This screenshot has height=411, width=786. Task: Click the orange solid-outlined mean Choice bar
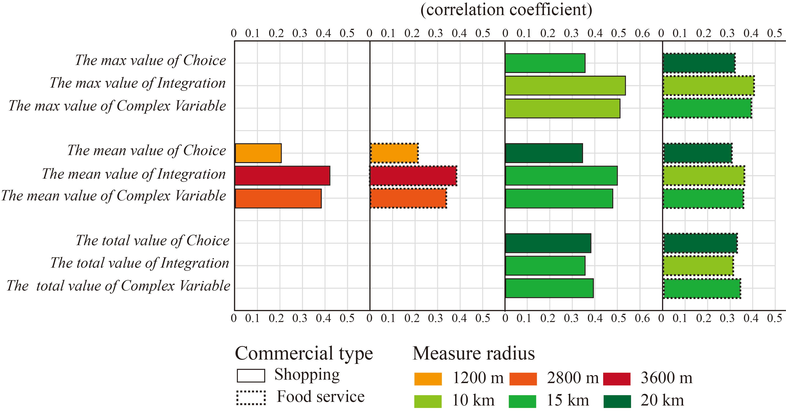258,153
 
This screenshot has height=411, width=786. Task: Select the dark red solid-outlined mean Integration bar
282,176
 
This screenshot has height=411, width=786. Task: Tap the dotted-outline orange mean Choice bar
394,153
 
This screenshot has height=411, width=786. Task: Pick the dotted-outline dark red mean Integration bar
413,176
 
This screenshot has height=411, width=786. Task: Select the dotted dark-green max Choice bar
699,63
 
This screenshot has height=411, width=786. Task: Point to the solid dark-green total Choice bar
548,243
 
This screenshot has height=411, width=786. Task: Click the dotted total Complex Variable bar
702,288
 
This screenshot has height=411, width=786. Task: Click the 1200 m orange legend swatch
428,379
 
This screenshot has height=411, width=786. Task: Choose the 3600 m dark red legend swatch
617,379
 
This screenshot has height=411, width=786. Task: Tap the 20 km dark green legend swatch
617,401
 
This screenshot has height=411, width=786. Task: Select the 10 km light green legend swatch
428,401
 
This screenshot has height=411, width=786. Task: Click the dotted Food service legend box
251,398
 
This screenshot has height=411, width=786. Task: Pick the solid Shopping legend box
251,376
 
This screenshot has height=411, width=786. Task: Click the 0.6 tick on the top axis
642,33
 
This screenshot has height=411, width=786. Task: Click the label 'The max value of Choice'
150,60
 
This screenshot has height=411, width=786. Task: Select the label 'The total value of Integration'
140,263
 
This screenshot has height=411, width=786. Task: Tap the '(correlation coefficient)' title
506,10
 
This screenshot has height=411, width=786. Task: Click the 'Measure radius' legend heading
474,353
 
